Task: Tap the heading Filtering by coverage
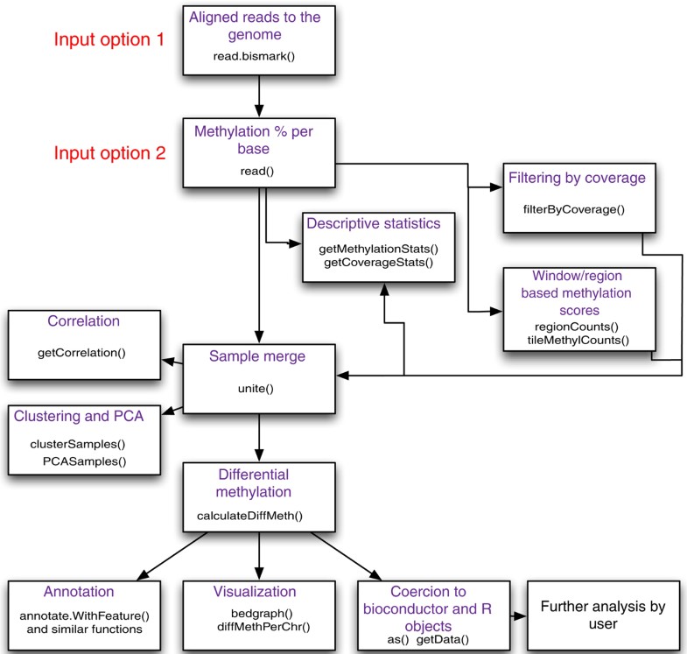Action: [x=578, y=178]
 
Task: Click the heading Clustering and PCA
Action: [x=78, y=417]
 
